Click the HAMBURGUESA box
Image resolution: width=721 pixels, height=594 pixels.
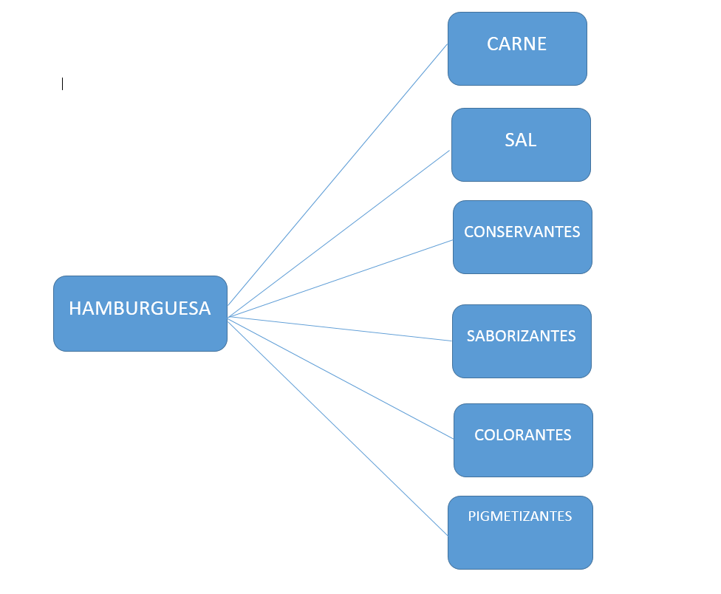coord(140,313)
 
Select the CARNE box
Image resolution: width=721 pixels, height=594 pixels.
coord(517,49)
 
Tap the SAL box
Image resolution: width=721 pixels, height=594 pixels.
coord(521,145)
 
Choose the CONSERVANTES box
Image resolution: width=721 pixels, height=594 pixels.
coord(522,237)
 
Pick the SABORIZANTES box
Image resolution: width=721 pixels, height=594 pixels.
coord(522,341)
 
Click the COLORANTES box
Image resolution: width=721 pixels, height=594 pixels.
coord(523,440)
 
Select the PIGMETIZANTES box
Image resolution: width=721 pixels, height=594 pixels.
coord(521,533)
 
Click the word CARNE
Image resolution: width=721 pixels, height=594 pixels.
coord(517,44)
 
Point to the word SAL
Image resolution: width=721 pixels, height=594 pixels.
coord(521,140)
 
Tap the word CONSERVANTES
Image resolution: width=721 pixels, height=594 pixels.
coord(522,232)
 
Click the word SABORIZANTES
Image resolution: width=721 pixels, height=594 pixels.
coord(521,336)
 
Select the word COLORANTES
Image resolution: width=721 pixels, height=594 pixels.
coord(523,435)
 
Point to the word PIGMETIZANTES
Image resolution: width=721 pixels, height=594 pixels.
coord(520,516)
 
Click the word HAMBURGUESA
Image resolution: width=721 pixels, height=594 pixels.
coord(140,309)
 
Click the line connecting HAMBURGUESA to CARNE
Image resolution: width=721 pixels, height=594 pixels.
coord(338,174)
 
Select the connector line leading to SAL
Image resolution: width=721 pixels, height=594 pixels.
coord(339,233)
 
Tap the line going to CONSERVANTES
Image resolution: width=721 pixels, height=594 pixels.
coord(341,279)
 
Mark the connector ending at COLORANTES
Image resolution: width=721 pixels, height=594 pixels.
coord(341,378)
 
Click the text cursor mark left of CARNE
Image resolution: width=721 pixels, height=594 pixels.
coord(62,83)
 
